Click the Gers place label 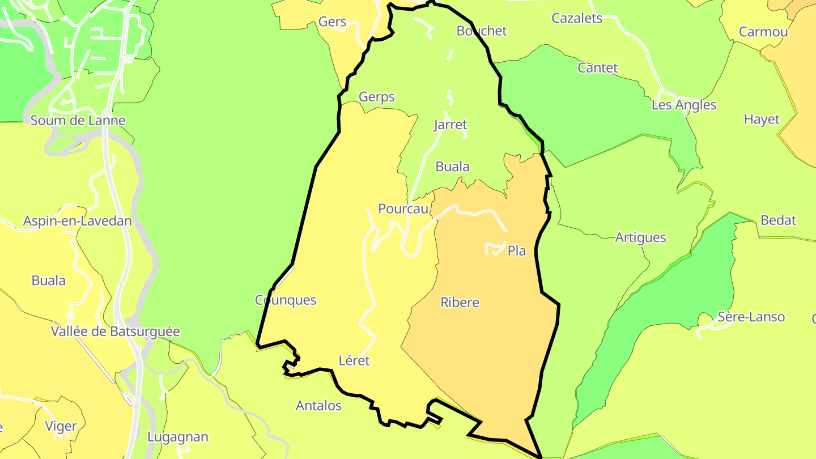(x=333, y=22)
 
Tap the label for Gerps (x=377, y=97)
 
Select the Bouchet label (x=482, y=31)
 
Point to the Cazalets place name (x=577, y=18)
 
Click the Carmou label (x=763, y=32)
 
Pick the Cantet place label (x=597, y=68)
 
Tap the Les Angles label (x=684, y=105)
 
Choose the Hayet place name (x=762, y=120)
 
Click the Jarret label (x=450, y=125)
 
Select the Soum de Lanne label (x=78, y=120)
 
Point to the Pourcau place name (x=403, y=209)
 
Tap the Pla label (x=517, y=250)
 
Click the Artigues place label (x=641, y=237)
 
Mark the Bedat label (x=779, y=220)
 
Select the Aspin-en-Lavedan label (x=78, y=221)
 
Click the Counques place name (x=286, y=300)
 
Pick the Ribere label (x=460, y=303)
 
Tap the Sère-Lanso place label (x=751, y=317)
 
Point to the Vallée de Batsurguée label (x=116, y=331)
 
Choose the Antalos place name (x=319, y=406)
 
